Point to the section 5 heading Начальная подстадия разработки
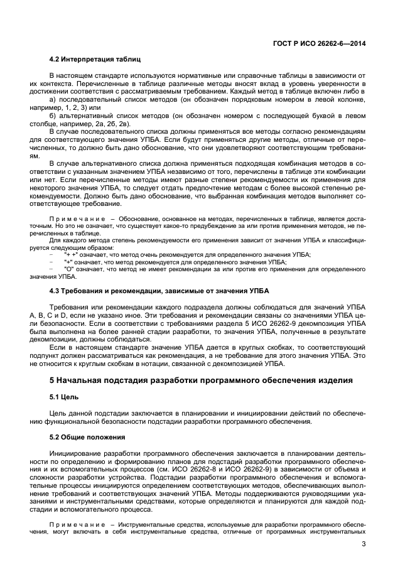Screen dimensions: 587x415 coord(201,380)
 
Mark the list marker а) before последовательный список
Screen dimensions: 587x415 coord(53,100)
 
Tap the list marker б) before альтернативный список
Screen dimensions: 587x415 coord(53,116)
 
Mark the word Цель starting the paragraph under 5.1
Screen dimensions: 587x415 coord(60,413)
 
